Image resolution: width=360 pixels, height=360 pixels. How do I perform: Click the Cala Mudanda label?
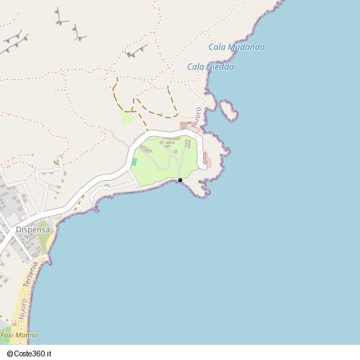click(x=236, y=48)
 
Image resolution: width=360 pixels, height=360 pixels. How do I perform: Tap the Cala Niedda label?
click(x=210, y=67)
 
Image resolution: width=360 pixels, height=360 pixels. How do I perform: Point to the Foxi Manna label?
click(x=19, y=336)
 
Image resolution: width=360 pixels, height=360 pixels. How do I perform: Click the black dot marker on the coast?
click(x=180, y=180)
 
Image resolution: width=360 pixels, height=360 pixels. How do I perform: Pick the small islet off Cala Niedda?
click(x=230, y=110)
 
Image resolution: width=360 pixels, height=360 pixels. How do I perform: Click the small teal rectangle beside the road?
click(x=134, y=162)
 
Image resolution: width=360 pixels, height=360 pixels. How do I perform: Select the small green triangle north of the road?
click(x=127, y=119)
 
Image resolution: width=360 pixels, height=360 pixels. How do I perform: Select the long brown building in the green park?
click(x=172, y=143)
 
